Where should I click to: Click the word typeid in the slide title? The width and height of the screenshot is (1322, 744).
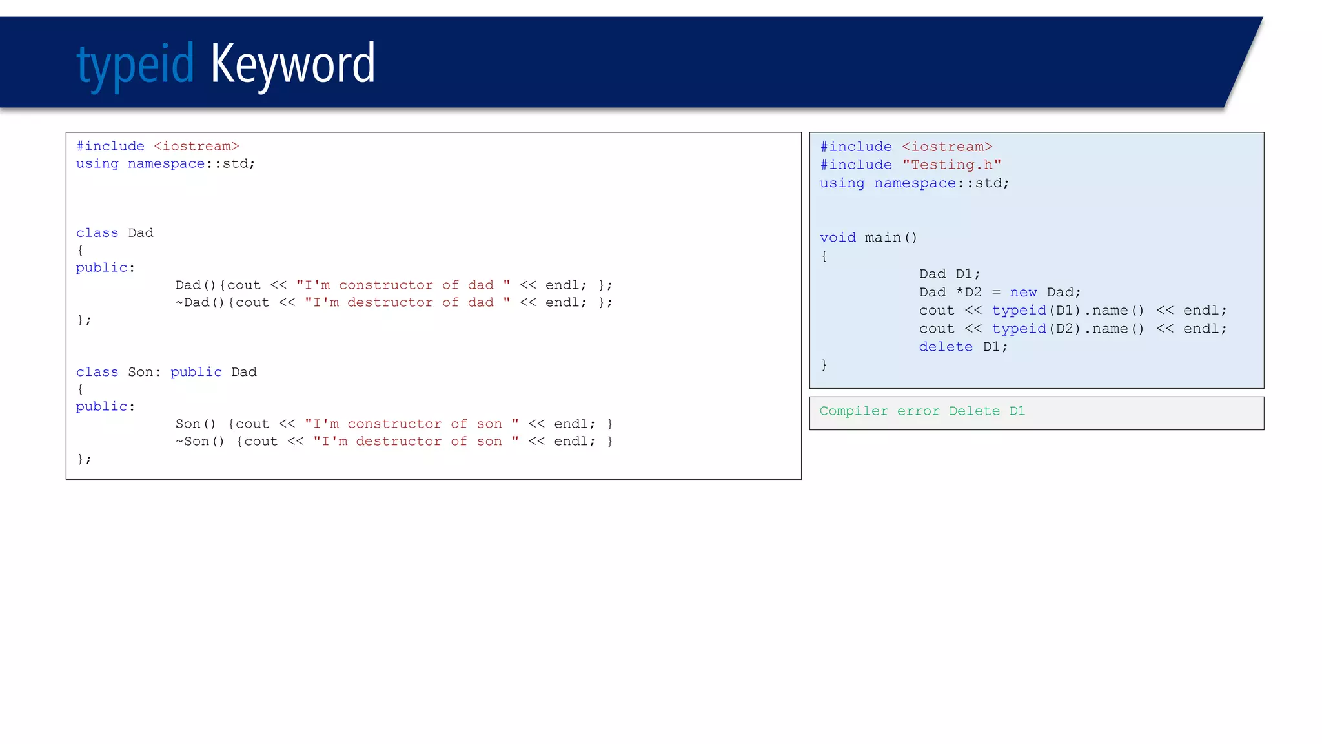[x=135, y=65]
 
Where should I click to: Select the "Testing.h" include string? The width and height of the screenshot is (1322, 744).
[x=951, y=165]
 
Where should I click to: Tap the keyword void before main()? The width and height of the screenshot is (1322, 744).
[x=837, y=238]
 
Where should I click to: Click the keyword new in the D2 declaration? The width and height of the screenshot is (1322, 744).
[x=1023, y=293]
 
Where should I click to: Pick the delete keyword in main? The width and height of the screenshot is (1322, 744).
[x=946, y=347]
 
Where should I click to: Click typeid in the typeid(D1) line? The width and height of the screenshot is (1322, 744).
[x=1019, y=311]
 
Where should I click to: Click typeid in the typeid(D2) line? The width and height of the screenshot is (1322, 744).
[x=1019, y=329]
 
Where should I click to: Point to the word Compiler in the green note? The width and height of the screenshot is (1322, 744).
[x=853, y=411]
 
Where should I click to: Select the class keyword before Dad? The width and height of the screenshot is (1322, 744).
[x=97, y=233]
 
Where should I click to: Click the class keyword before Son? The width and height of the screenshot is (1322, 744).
[x=97, y=372]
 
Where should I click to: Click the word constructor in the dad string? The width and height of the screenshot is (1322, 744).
[x=385, y=285]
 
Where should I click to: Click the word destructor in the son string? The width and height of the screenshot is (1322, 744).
[x=398, y=442]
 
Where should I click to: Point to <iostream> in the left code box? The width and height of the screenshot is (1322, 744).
[x=196, y=147]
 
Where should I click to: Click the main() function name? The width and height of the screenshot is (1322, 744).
[x=890, y=238]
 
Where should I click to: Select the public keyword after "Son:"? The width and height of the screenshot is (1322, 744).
[x=196, y=372]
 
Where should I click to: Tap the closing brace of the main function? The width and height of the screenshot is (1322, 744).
[x=824, y=365]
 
